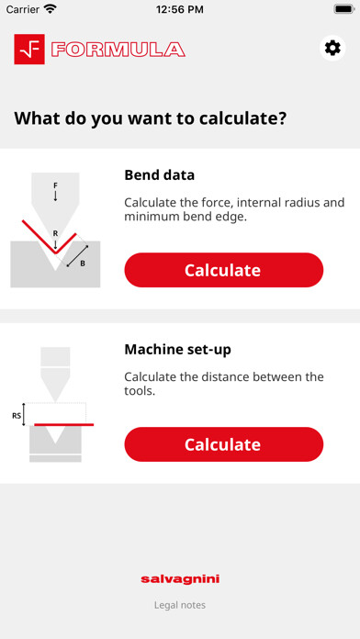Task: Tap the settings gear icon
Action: pyautogui.click(x=332, y=49)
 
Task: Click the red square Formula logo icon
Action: pyautogui.click(x=29, y=50)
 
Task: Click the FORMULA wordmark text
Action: pyautogui.click(x=118, y=50)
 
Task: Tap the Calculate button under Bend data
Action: pyautogui.click(x=224, y=270)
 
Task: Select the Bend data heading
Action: pyautogui.click(x=160, y=175)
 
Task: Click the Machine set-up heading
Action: pyautogui.click(x=178, y=350)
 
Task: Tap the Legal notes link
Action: pyautogui.click(x=180, y=605)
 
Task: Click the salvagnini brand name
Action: pyautogui.click(x=180, y=578)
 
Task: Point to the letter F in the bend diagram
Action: pyautogui.click(x=55, y=185)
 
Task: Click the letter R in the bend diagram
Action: pyautogui.click(x=55, y=233)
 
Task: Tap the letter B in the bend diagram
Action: pyautogui.click(x=83, y=263)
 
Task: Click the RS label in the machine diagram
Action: pyautogui.click(x=17, y=416)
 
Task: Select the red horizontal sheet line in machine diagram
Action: pyautogui.click(x=64, y=425)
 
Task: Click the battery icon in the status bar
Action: pyautogui.click(x=343, y=9)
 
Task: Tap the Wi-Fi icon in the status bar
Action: pyautogui.click(x=51, y=9)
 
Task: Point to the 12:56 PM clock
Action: pyautogui.click(x=180, y=9)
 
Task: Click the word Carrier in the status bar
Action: pyautogui.click(x=23, y=9)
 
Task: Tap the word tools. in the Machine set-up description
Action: pyautogui.click(x=140, y=391)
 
